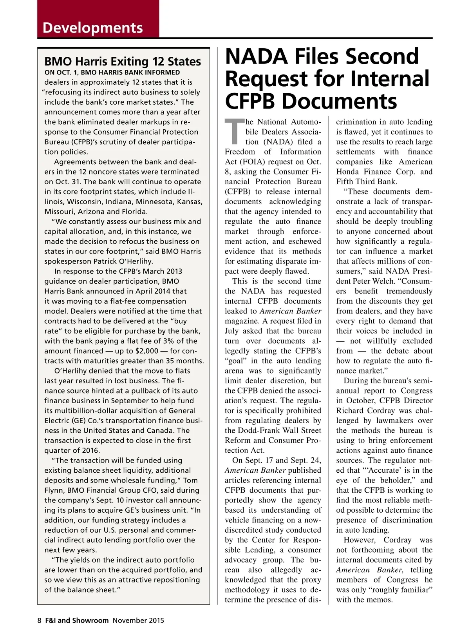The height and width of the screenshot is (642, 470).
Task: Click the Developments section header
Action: (x=93, y=28)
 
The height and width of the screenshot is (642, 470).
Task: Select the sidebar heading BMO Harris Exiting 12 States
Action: (x=123, y=62)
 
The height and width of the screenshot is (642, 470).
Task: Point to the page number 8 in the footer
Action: (x=39, y=620)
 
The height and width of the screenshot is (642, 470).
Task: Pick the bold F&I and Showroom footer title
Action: (x=77, y=620)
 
